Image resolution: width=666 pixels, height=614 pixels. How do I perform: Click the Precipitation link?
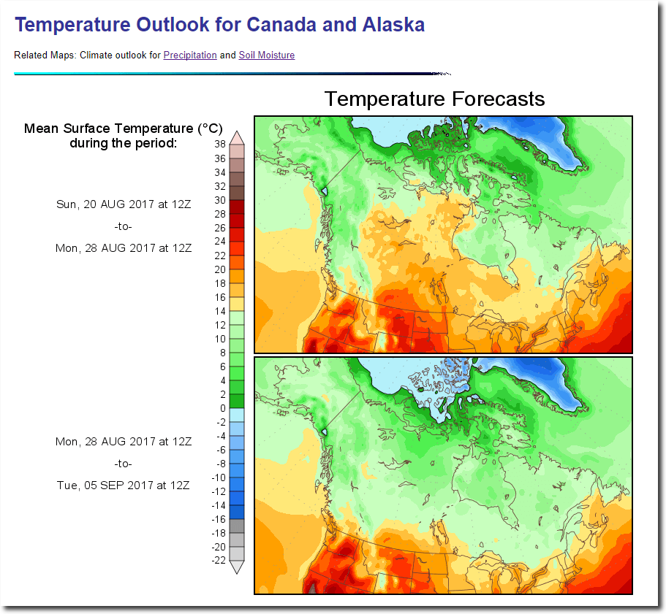point(190,55)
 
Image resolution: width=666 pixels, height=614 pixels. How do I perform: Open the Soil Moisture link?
point(267,55)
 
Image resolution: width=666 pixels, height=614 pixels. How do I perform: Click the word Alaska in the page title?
point(393,25)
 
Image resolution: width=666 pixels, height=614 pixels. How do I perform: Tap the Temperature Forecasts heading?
point(434,99)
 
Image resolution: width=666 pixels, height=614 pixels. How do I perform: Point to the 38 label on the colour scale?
point(220,144)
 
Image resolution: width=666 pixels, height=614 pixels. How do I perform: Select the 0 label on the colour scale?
point(222,408)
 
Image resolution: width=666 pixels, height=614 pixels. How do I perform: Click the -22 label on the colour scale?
point(219,561)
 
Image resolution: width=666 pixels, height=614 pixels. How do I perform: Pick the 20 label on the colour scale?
point(220,269)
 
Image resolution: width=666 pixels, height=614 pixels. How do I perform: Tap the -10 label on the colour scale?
point(219,477)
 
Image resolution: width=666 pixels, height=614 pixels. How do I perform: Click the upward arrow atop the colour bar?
point(237,138)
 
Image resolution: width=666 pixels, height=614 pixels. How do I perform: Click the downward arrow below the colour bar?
point(237,567)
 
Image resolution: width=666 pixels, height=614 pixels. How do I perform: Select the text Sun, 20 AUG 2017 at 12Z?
point(124,204)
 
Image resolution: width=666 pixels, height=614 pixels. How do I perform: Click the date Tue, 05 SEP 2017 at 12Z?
point(123,485)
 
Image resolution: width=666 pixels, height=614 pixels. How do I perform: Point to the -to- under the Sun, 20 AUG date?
point(123,226)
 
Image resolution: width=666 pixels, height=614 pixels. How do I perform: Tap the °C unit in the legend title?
point(211,128)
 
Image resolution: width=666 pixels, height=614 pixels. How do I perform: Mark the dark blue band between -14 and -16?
point(237,512)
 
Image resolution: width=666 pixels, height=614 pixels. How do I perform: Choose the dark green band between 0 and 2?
point(237,401)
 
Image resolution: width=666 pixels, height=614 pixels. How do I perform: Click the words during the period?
point(123,143)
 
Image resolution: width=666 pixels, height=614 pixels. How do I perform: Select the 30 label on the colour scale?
point(220,200)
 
